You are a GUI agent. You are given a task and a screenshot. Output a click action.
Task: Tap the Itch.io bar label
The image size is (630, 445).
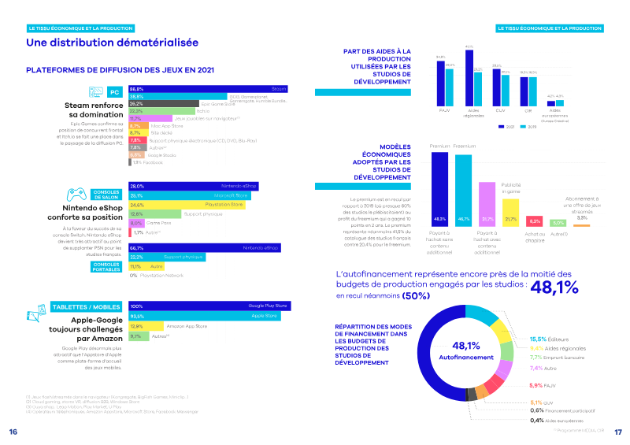pos(180,111)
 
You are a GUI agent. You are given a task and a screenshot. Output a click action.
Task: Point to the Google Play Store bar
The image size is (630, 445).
pos(209,306)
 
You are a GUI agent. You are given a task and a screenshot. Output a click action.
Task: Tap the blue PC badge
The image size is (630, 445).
pos(113,92)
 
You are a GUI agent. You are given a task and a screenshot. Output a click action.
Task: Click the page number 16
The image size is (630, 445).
pos(13,432)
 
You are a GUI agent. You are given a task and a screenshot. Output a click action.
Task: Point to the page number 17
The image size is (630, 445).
pos(618,432)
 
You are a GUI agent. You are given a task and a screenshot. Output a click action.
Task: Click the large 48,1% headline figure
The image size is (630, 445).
pos(556,289)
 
